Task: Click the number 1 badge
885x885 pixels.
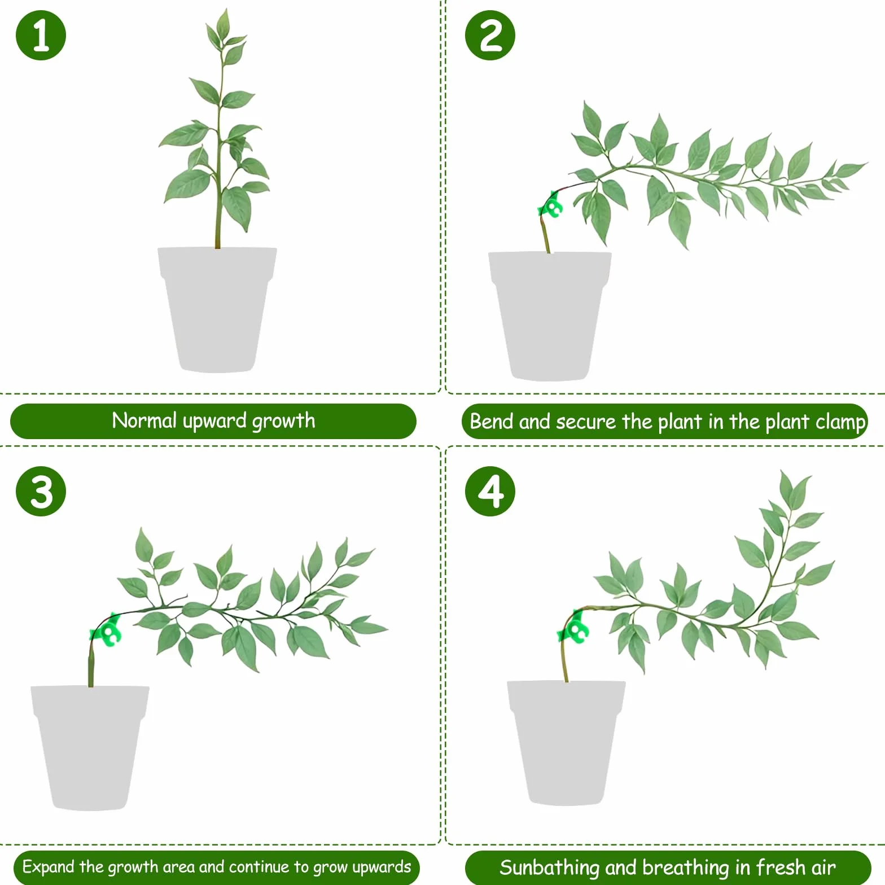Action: pos(41,35)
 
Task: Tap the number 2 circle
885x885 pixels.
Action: pos(490,35)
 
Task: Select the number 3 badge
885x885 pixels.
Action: pos(41,491)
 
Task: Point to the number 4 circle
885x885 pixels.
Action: pos(490,491)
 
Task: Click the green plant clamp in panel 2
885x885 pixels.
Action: pos(550,205)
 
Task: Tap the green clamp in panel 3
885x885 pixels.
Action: pos(107,630)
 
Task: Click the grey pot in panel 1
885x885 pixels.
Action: pos(217,309)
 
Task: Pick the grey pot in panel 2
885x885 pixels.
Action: pos(549,316)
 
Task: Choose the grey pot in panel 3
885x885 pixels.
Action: pos(90,748)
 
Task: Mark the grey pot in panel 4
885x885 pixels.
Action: pos(567,743)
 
